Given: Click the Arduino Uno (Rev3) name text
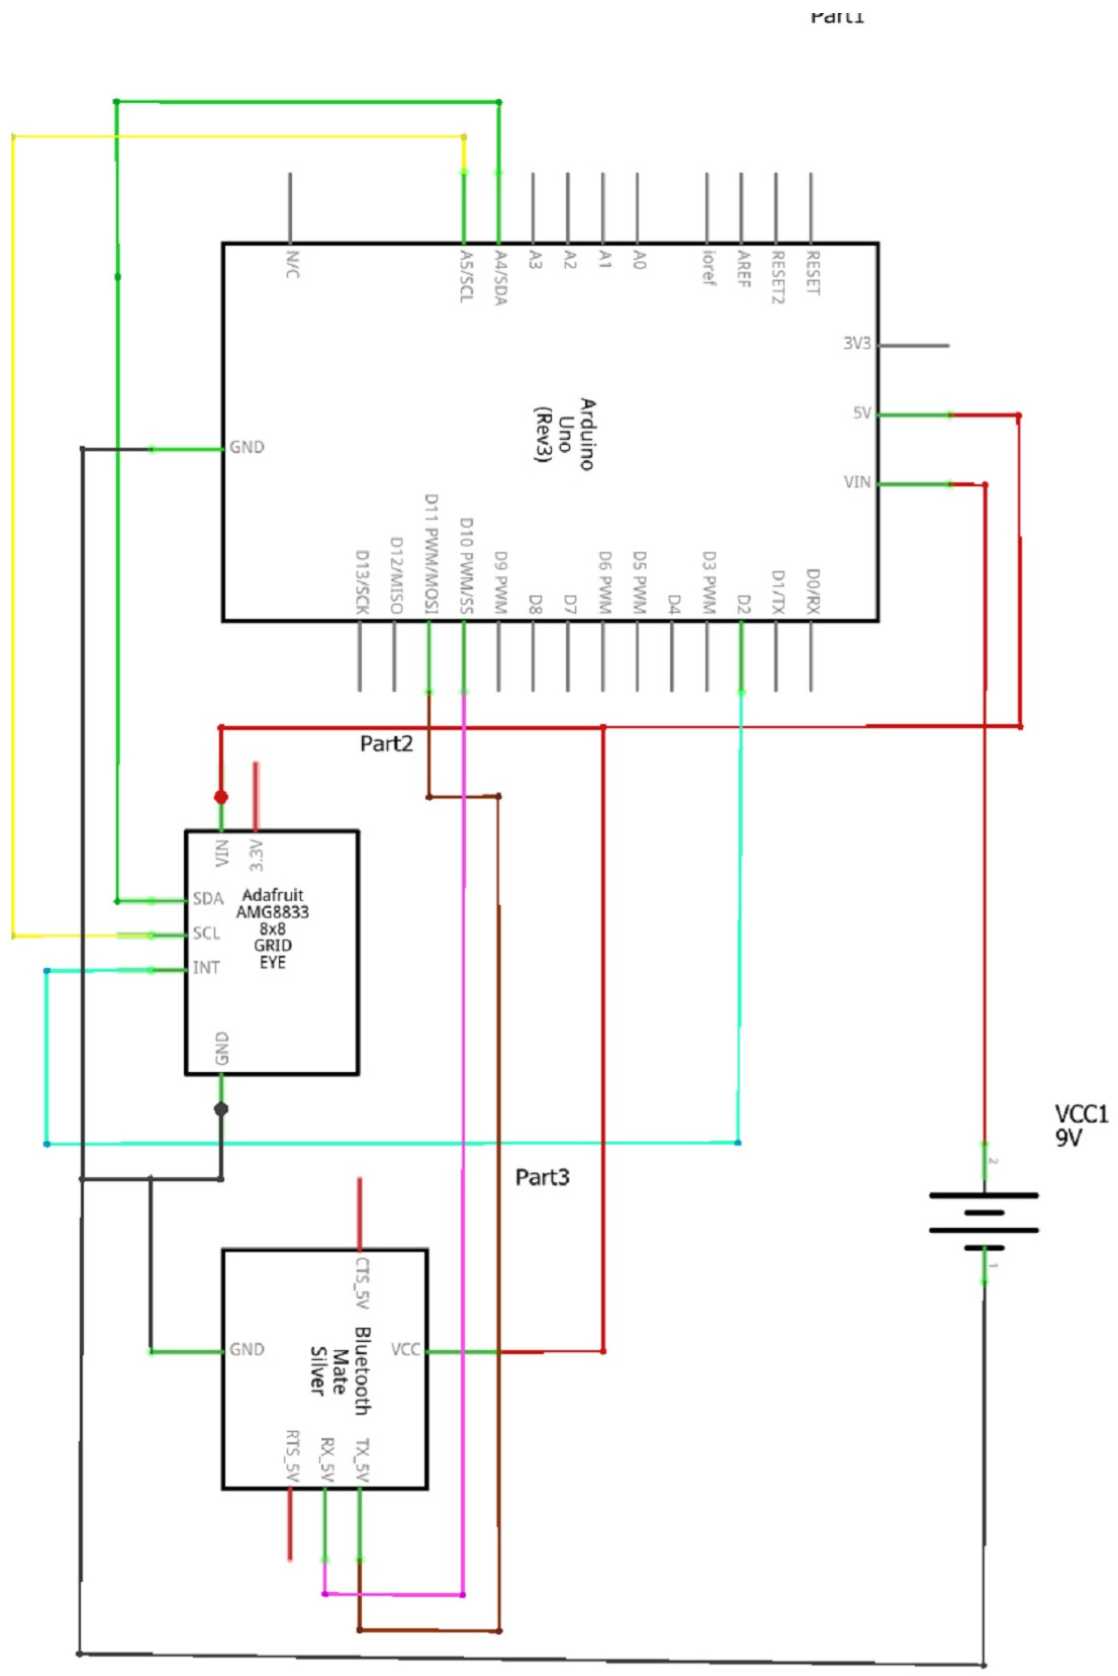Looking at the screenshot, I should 565,434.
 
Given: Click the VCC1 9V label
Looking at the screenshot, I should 1080,1125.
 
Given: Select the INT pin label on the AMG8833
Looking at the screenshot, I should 206,968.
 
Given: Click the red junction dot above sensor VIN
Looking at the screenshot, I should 221,797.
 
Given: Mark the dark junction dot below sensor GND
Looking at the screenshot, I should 221,1109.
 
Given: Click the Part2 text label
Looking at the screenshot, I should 386,744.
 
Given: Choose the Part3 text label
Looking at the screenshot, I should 542,1178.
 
